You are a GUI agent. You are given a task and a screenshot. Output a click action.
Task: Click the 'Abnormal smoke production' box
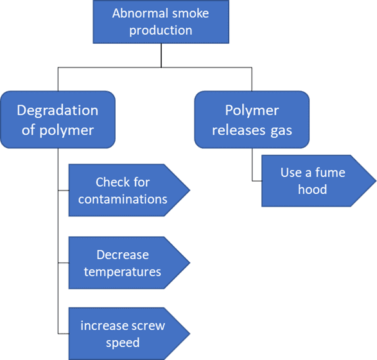(x=161, y=22)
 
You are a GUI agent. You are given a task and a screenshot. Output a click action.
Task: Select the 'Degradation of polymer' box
(x=57, y=121)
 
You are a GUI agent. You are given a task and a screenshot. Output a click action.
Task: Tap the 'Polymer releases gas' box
(x=251, y=121)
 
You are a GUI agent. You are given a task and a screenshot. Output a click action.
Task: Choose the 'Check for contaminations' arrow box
(x=125, y=191)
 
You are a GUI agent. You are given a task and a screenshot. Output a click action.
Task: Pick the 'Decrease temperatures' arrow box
(x=125, y=263)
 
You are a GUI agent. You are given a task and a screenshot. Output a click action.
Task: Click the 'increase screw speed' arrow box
(x=125, y=334)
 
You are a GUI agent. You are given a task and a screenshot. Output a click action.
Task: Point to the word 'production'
(x=161, y=30)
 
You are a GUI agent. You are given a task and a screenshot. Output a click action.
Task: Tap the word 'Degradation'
(x=57, y=110)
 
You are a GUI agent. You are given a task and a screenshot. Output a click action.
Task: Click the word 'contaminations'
(x=123, y=199)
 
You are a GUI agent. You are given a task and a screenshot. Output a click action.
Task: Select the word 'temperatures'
(x=122, y=271)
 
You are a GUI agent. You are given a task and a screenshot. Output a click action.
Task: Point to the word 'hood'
(x=313, y=189)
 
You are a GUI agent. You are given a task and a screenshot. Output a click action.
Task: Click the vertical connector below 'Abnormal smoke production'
(x=161, y=55)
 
